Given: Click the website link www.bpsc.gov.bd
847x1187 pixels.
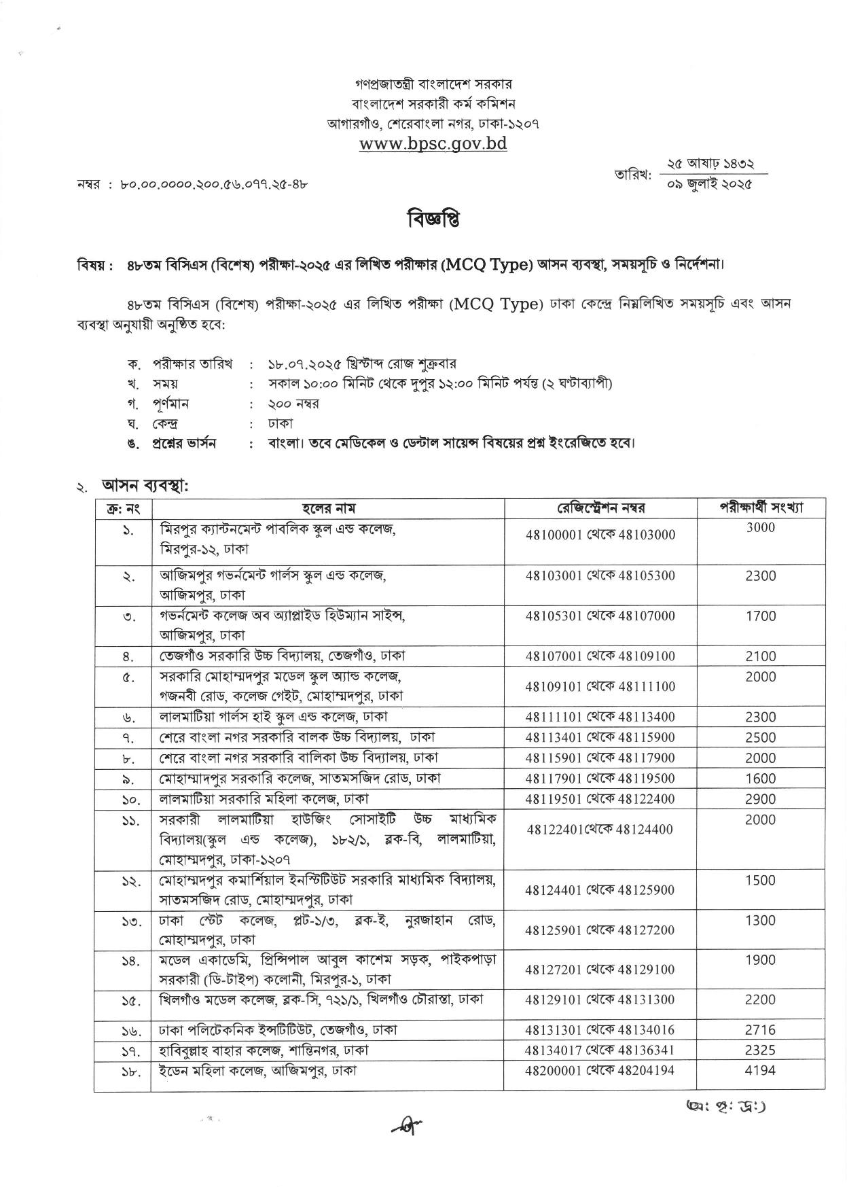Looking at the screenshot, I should (433, 143).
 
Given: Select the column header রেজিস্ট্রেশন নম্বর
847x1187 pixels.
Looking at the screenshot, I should (600, 508).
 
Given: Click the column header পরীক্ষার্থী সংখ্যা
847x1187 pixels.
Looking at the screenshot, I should (761, 508).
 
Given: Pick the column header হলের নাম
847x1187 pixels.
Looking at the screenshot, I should (327, 508).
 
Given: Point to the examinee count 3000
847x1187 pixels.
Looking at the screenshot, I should (760, 528).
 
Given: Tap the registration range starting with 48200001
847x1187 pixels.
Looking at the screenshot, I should (600, 1070).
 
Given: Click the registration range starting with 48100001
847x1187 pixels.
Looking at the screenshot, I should (600, 535).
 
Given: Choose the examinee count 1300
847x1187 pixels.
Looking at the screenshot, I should (760, 921).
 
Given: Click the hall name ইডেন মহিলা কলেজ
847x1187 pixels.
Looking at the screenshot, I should (258, 1071).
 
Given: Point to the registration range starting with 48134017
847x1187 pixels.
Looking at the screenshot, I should (600, 1050).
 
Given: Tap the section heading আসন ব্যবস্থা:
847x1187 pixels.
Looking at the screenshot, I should (144, 486).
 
